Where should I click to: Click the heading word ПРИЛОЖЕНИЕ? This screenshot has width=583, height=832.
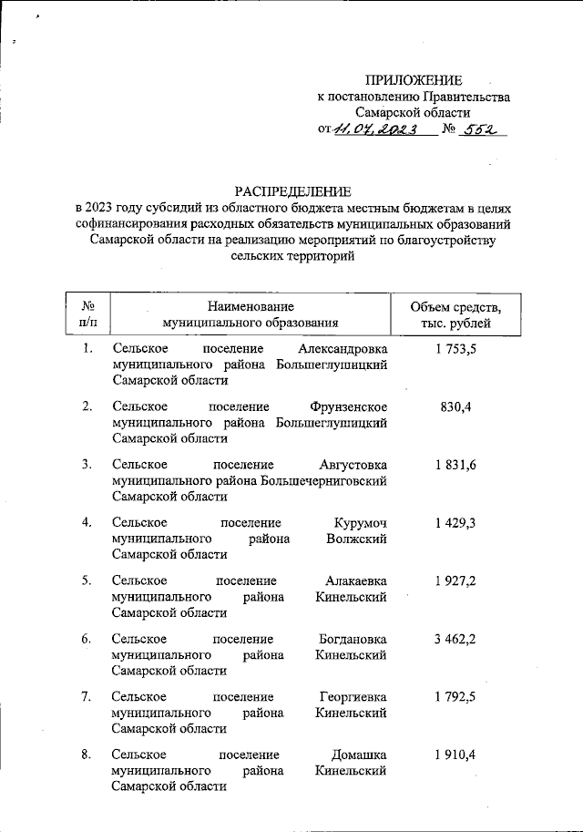[x=414, y=80]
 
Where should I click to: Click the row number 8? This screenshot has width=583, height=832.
[x=86, y=755]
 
